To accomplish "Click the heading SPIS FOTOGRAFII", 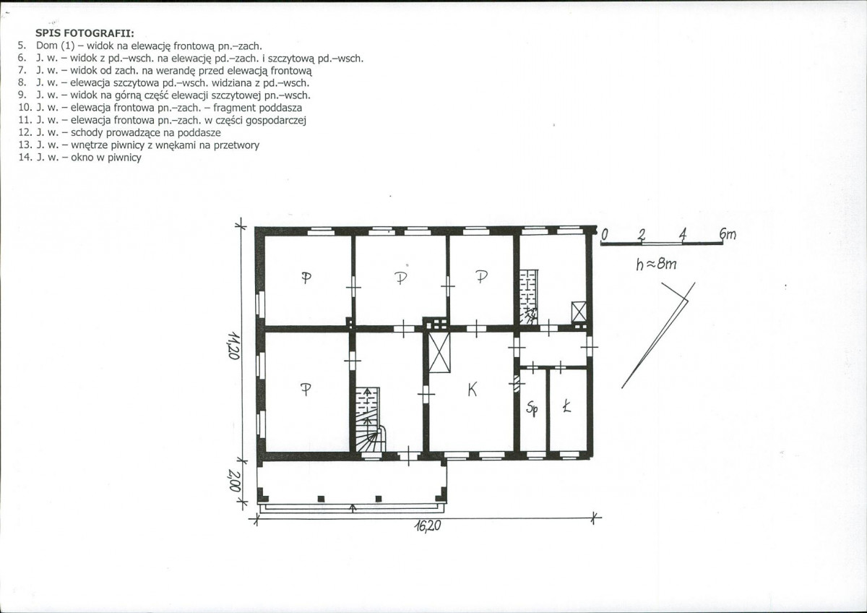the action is pyautogui.click(x=85, y=33).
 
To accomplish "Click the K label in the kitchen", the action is pyautogui.click(x=472, y=389).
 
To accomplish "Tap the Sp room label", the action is pyautogui.click(x=532, y=408).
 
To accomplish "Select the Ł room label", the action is pyautogui.click(x=567, y=407).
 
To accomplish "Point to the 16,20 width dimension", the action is pyautogui.click(x=428, y=526).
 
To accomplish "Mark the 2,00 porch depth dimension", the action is pyautogui.click(x=234, y=481).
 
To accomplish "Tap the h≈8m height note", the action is pyautogui.click(x=657, y=264).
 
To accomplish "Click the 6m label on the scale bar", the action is pyautogui.click(x=728, y=234).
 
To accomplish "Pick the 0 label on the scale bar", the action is pyautogui.click(x=605, y=234).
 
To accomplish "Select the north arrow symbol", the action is pyautogui.click(x=658, y=335).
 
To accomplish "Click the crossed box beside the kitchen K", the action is pyautogui.click(x=439, y=352).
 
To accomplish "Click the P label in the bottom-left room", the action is pyautogui.click(x=306, y=389).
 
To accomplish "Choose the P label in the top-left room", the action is pyautogui.click(x=306, y=278).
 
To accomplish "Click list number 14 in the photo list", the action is pyautogui.click(x=25, y=158).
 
